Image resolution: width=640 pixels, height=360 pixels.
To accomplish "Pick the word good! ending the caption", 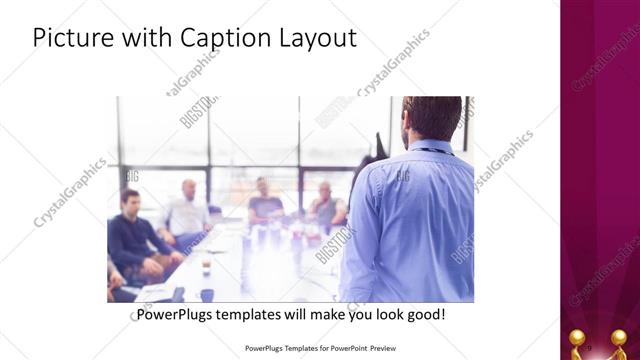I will pyautogui.click(x=424, y=315).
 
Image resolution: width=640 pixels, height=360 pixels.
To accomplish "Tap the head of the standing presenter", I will pyautogui.click(x=432, y=117).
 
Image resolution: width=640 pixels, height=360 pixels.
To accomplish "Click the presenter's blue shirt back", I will pyautogui.click(x=410, y=220).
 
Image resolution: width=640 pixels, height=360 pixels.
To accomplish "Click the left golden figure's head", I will pyautogui.click(x=577, y=336).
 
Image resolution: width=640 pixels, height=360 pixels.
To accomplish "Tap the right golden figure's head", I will pyautogui.click(x=619, y=336).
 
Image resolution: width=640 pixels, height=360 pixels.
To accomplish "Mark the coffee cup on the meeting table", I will pyautogui.click(x=206, y=268).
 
